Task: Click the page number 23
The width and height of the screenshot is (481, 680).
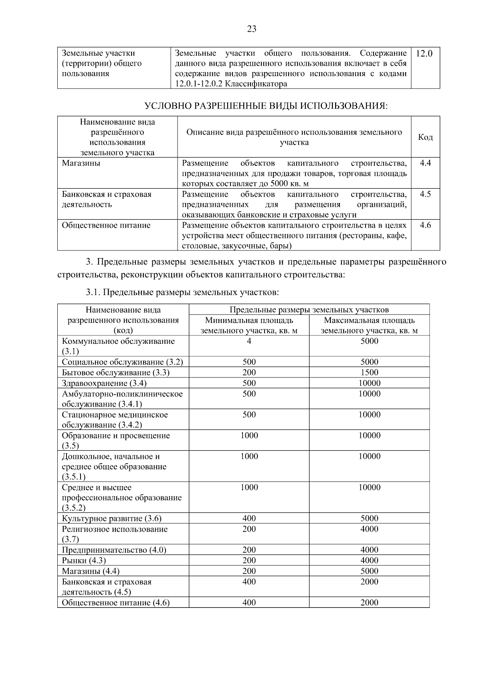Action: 251,29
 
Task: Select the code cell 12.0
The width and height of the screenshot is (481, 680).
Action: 424,53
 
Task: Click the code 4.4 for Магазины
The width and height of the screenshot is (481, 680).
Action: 425,163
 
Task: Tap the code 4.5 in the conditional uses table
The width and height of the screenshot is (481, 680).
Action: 425,194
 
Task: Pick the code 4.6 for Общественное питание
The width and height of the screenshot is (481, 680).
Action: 425,225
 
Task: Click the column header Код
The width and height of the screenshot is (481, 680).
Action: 425,137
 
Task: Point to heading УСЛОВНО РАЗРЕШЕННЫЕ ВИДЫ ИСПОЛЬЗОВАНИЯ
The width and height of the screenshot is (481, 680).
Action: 266,106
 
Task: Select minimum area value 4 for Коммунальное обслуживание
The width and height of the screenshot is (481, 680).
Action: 249,341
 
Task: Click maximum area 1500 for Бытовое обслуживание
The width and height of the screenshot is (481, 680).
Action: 369,373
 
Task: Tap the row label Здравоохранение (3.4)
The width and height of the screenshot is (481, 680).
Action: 104,383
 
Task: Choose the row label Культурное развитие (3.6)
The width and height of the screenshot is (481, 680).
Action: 111,519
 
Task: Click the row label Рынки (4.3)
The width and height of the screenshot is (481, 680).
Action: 84,560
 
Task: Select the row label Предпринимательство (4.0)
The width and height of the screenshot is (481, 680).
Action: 114,550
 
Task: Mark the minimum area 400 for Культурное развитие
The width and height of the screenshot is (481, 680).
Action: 249,519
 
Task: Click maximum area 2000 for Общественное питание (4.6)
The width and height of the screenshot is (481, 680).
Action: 369,602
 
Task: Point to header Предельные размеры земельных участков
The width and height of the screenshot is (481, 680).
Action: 309,310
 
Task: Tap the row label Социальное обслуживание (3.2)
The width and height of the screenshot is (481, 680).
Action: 122,362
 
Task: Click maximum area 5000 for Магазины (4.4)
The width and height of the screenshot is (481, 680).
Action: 369,571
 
